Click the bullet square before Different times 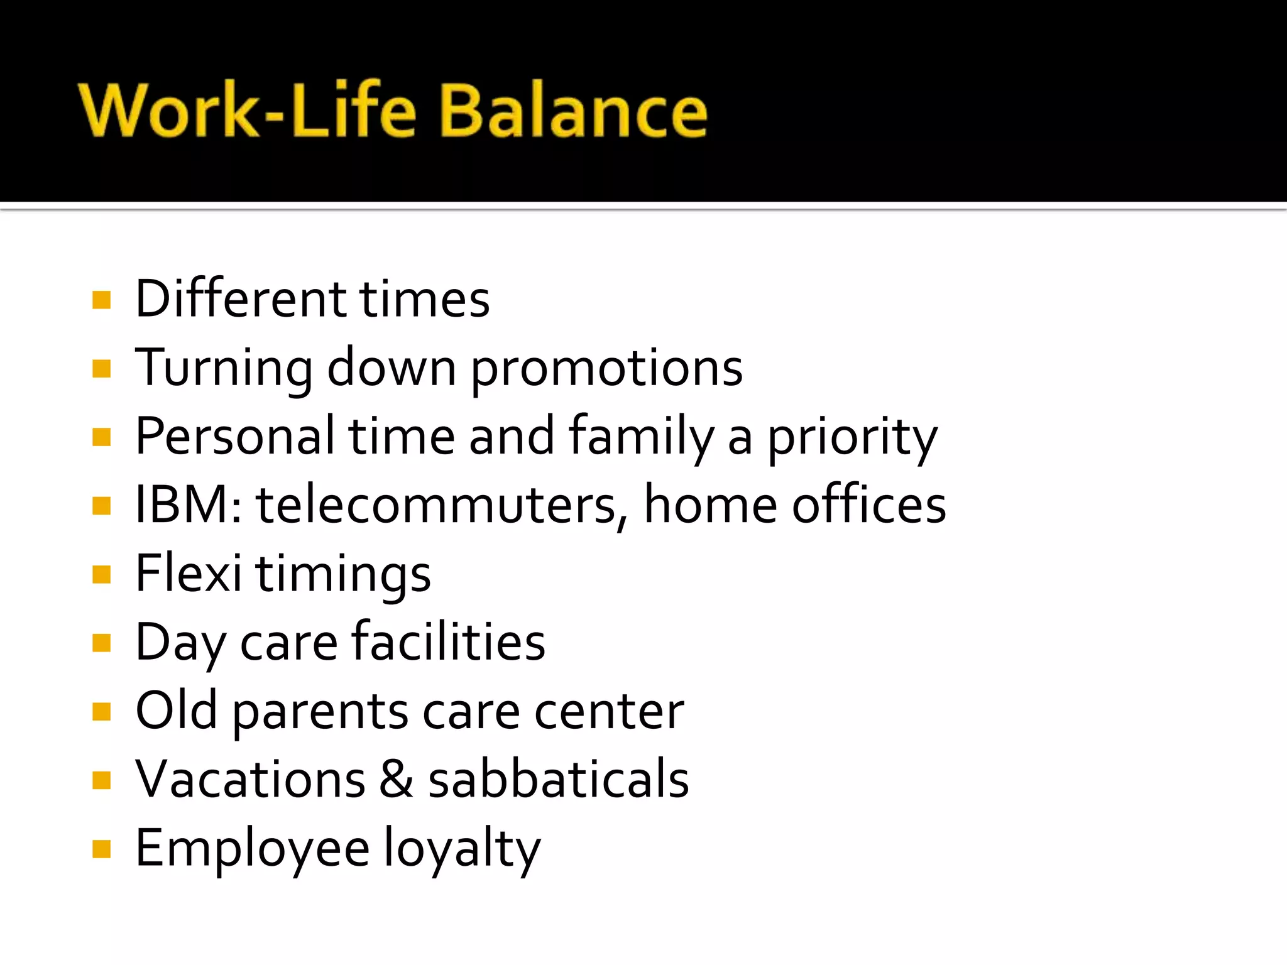pos(101,300)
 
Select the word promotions pos(606,369)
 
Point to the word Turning pos(224,369)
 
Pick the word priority pos(852,439)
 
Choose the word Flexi pos(188,574)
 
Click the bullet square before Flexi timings pos(101,574)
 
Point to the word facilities pos(448,642)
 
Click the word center pos(608,712)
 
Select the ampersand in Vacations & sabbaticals pos(397,780)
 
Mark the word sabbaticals pos(558,780)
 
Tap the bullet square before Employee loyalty pos(101,849)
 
